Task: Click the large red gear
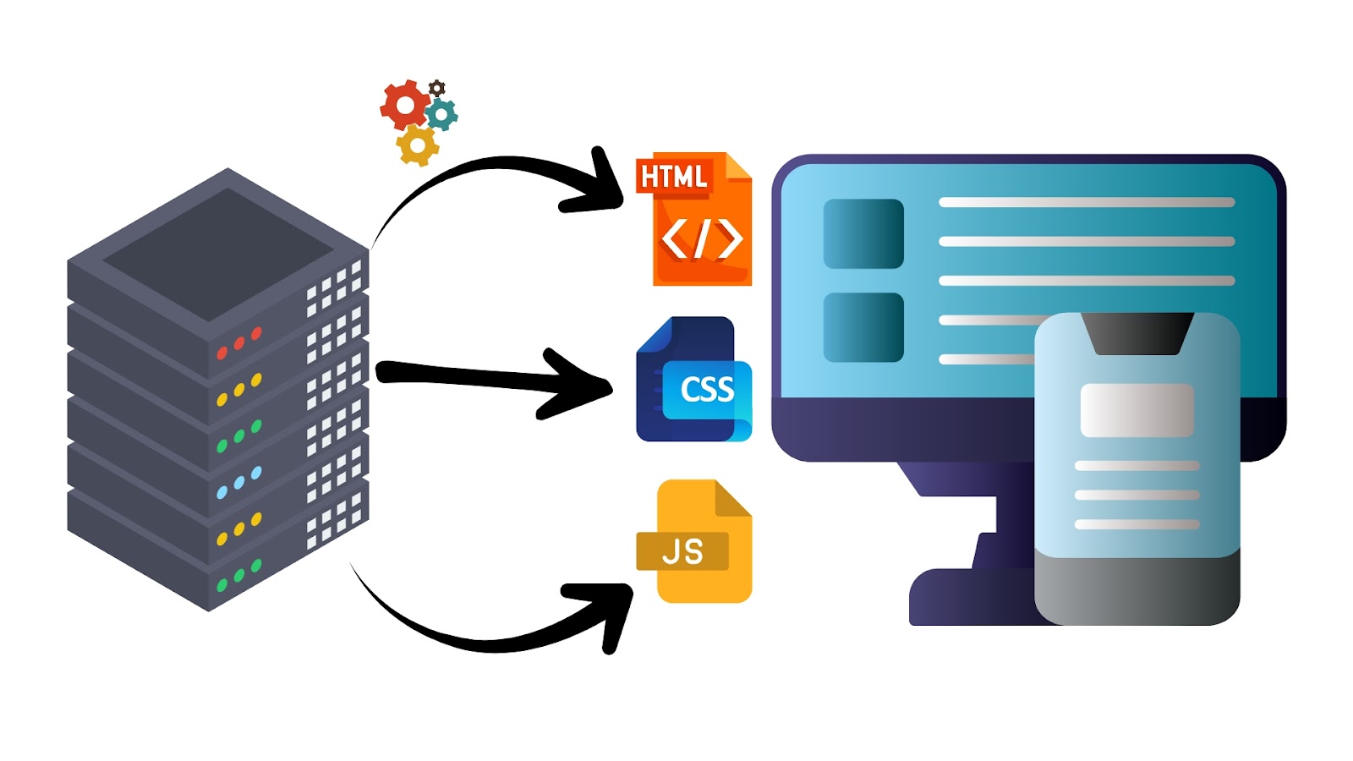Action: [x=405, y=105]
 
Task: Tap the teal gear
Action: [x=441, y=114]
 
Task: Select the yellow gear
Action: [x=418, y=145]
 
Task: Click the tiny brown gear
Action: [x=437, y=88]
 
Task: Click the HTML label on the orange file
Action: [x=674, y=177]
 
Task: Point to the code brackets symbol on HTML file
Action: [x=701, y=238]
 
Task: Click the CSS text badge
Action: [x=707, y=390]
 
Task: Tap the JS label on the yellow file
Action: [x=682, y=551]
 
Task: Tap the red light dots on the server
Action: [x=238, y=343]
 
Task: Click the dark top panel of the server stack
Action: [x=218, y=254]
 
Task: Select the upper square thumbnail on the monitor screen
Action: [x=863, y=233]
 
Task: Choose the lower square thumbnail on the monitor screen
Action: [x=863, y=327]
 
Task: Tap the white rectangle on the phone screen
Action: [x=1137, y=410]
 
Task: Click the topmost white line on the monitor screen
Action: [x=1087, y=202]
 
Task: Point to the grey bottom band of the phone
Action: [x=1137, y=589]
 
